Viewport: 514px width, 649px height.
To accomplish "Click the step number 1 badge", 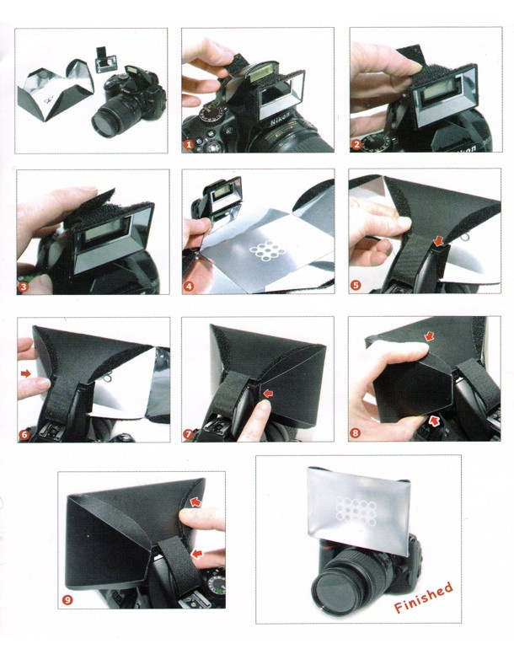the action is pos(189,144).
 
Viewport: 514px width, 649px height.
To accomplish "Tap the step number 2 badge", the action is pos(356,144).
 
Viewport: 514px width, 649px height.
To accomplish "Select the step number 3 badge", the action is pos(24,287).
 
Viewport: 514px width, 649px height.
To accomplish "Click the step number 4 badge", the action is pos(189,287).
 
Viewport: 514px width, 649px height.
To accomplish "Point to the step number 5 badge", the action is pos(355,285).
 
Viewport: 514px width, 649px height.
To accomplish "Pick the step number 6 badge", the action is pos(24,435).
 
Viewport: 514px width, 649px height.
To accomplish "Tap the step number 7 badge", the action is pos(189,434).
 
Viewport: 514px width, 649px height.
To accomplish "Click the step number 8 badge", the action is pos(355,433).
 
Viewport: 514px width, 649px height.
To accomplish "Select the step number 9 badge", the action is pos(67,599).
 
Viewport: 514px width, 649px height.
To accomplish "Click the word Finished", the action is pos(423,598).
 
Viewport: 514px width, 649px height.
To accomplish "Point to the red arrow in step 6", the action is pos(25,373).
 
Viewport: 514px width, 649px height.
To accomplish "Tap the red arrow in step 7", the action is pos(269,393).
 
